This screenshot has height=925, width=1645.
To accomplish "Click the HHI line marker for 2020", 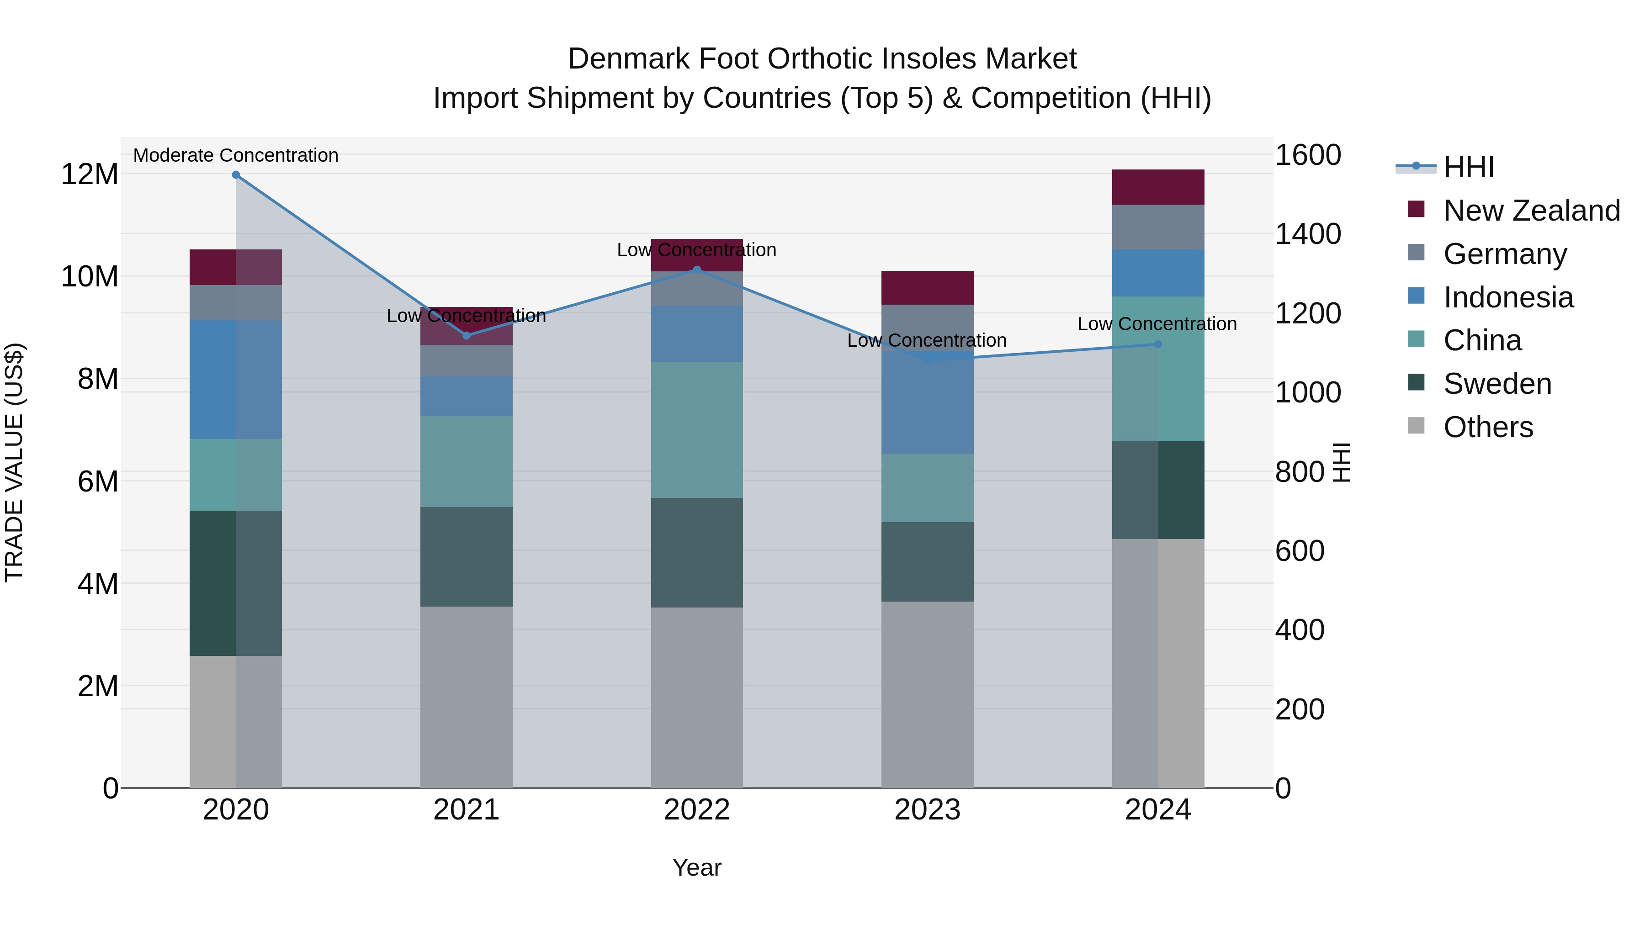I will click(x=236, y=175).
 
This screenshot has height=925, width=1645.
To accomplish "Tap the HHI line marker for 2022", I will click(x=697, y=270).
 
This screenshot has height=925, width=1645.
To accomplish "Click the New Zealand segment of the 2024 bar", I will click(x=1158, y=187).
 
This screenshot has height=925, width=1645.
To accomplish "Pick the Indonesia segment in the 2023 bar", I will click(x=927, y=402).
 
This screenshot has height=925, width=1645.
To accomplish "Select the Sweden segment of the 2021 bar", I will click(x=466, y=557).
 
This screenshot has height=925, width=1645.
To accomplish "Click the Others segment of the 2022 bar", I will click(x=697, y=697).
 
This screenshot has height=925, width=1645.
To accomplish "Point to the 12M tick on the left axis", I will click(x=90, y=174).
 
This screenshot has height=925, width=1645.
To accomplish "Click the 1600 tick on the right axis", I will click(x=1308, y=155).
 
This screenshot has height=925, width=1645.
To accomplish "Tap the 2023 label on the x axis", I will click(x=927, y=810).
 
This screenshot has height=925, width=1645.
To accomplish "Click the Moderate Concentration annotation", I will click(x=236, y=156).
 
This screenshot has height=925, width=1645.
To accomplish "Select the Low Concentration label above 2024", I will click(x=1157, y=324).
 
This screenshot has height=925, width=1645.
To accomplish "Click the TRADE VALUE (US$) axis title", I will click(x=14, y=462).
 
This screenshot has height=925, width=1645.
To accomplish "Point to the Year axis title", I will click(x=697, y=867).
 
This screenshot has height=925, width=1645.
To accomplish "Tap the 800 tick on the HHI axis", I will click(x=1300, y=472).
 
